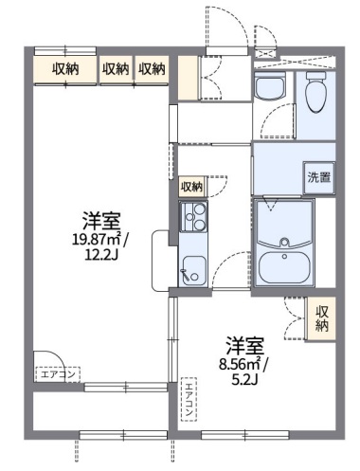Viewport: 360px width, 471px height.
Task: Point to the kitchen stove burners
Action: [x=198, y=219]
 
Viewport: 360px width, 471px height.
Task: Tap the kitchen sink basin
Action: [x=194, y=267]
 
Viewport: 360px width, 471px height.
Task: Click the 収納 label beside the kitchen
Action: [x=192, y=188]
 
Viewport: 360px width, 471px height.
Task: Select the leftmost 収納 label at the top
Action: [x=65, y=68]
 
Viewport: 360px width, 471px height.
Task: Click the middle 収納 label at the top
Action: [x=116, y=68]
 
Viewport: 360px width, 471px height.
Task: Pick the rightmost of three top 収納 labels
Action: [x=152, y=68]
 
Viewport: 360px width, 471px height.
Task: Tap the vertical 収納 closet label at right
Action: [x=323, y=318]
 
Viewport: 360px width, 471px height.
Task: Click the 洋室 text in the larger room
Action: [x=99, y=223]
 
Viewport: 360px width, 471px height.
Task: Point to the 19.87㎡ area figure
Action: [x=97, y=241]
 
